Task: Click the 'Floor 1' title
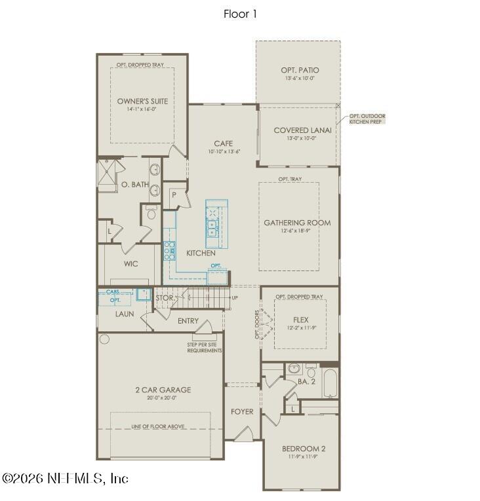click(x=240, y=14)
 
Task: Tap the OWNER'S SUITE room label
click(x=142, y=102)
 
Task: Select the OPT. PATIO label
click(x=299, y=70)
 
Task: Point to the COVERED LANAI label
click(x=302, y=130)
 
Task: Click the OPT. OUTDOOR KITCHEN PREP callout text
click(x=367, y=119)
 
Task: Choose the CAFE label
click(x=224, y=143)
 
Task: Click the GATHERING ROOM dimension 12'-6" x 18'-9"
click(x=297, y=231)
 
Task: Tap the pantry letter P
click(x=174, y=195)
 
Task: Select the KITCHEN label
click(x=201, y=253)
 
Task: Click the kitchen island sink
click(x=214, y=228)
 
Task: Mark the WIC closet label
click(x=130, y=264)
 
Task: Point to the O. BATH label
click(x=135, y=185)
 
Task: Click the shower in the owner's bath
click(x=107, y=174)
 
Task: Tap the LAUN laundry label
click(x=125, y=314)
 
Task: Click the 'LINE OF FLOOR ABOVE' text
click(x=157, y=426)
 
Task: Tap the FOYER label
click(x=241, y=411)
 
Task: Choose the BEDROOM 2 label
click(x=303, y=449)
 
